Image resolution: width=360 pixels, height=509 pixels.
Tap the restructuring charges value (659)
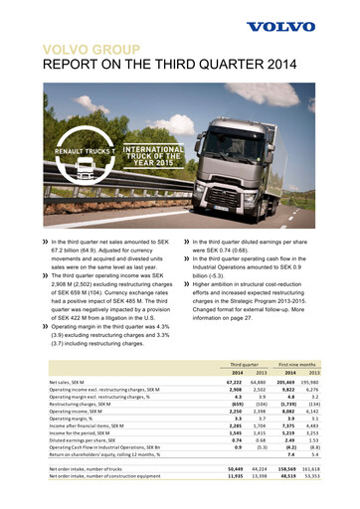(x=231, y=406)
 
